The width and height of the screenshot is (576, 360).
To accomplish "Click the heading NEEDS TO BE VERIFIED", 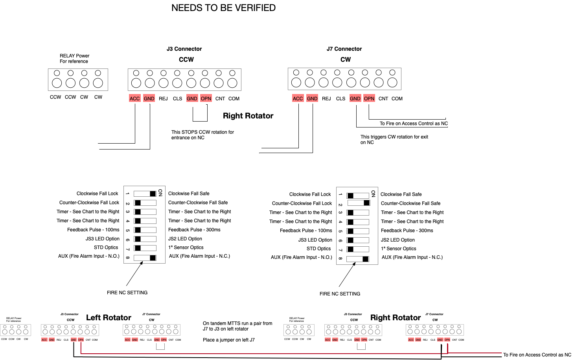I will click(223, 8).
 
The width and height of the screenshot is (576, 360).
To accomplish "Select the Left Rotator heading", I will click(109, 318).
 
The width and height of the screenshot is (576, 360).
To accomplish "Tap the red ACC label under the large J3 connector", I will click(135, 98).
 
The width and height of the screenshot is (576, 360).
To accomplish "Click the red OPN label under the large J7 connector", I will click(369, 98).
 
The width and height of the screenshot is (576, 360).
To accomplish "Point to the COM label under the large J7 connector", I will click(397, 98).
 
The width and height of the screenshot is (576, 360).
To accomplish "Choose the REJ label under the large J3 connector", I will click(163, 98).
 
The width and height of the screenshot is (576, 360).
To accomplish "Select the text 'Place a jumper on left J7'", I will click(228, 340).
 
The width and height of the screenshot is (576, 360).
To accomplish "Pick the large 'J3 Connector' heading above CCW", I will click(184, 49).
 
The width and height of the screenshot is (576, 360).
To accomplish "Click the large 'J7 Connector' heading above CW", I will click(344, 49).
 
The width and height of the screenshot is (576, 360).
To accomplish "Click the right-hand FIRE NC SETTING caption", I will click(340, 294).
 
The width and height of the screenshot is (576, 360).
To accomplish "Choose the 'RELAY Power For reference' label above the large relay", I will click(74, 59).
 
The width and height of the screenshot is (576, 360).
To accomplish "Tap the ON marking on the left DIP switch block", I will click(160, 192).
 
